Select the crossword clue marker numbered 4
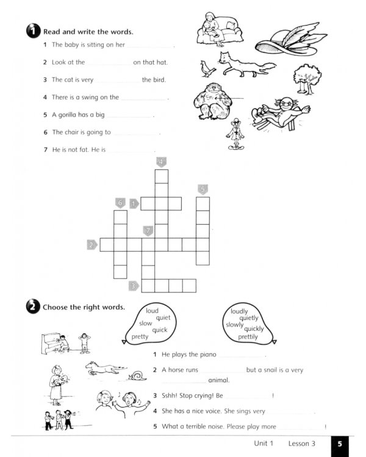[x=161, y=162]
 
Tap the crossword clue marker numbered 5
[x=203, y=190]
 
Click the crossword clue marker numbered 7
[x=148, y=231]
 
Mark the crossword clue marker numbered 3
[x=134, y=285]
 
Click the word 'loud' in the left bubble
[x=152, y=311]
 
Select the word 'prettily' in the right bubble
[x=248, y=337]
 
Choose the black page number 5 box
[x=339, y=444]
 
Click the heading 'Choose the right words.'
[x=84, y=307]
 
